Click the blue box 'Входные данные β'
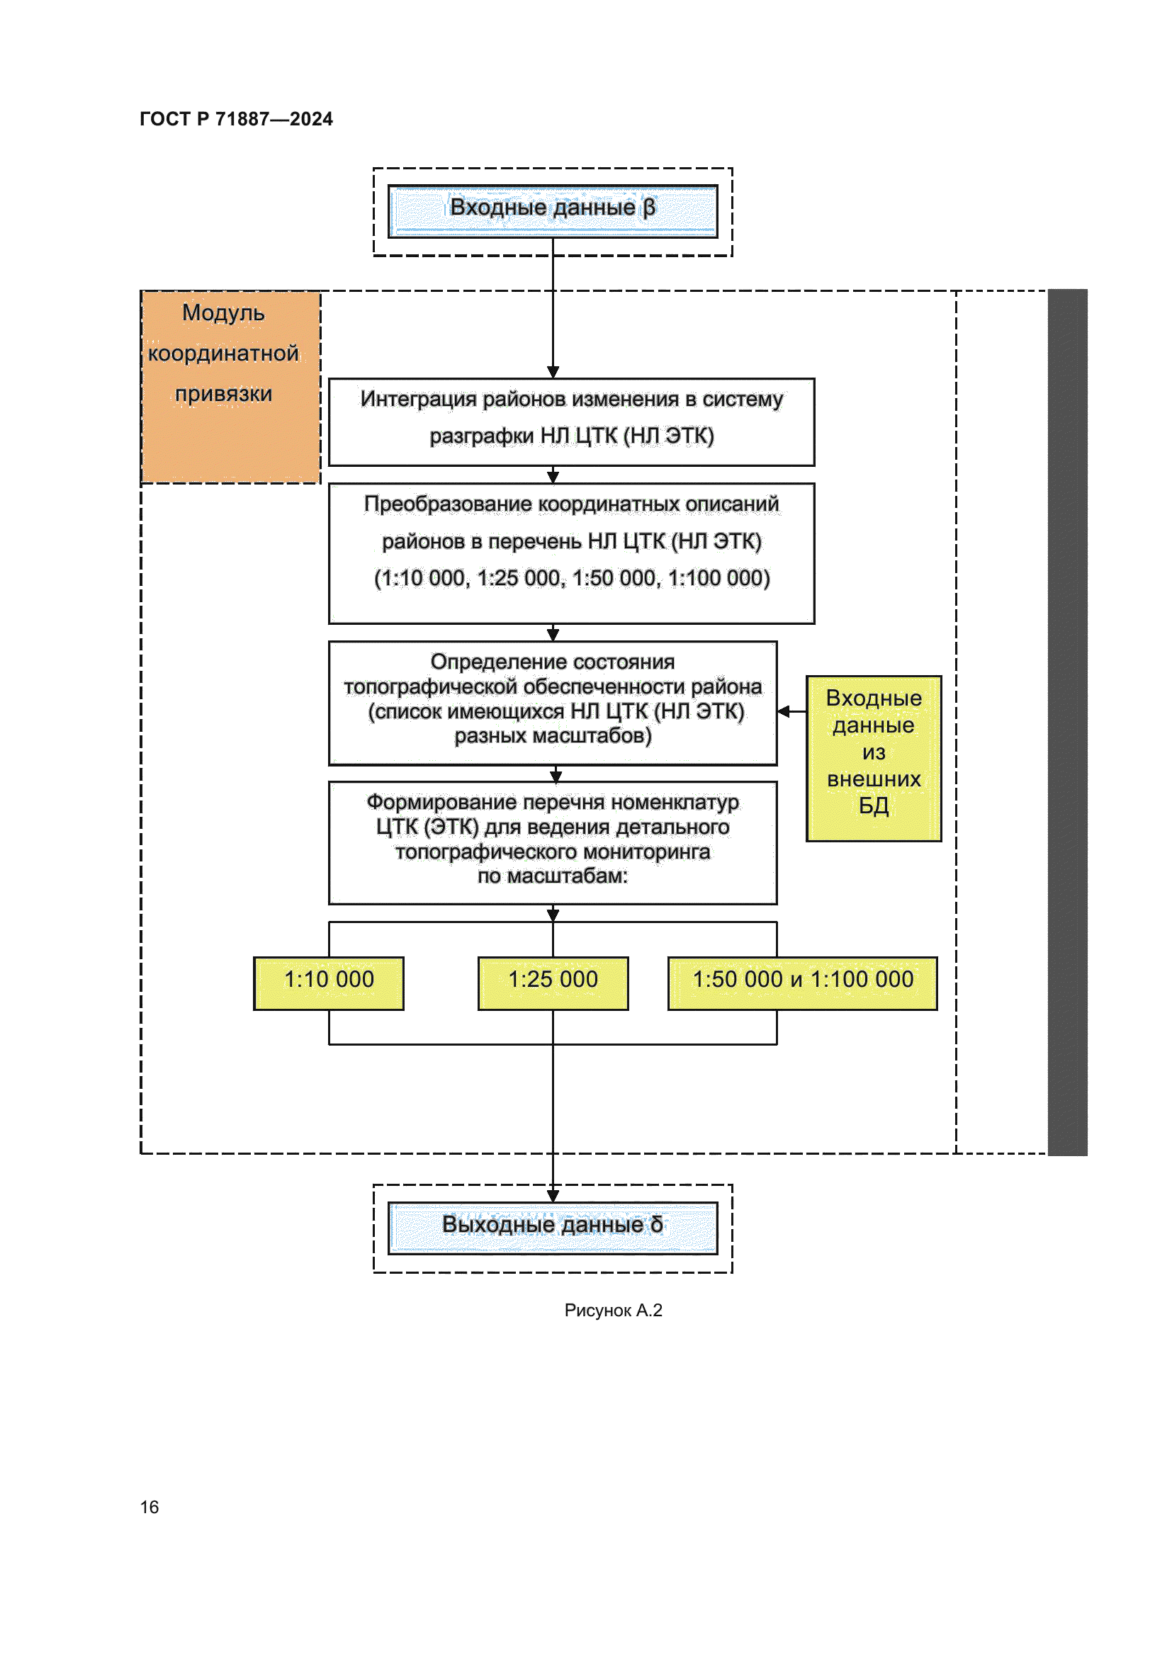point(552,210)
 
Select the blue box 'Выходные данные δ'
point(552,1228)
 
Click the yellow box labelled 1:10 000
point(328,983)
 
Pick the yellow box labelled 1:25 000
point(553,983)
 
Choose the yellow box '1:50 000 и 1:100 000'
point(802,983)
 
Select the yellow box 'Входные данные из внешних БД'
point(873,758)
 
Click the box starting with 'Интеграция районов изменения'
point(571,422)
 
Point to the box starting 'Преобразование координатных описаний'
point(571,553)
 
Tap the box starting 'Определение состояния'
point(552,702)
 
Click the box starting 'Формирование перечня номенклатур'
point(552,842)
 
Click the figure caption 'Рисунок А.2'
point(613,1310)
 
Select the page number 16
point(150,1507)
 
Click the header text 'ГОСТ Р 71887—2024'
point(236,119)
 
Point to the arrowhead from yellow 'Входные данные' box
point(784,711)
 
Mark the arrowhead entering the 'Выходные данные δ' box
point(553,1196)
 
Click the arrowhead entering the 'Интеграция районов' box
point(553,372)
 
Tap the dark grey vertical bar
point(1066,722)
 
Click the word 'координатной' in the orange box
point(223,354)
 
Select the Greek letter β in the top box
point(649,207)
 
